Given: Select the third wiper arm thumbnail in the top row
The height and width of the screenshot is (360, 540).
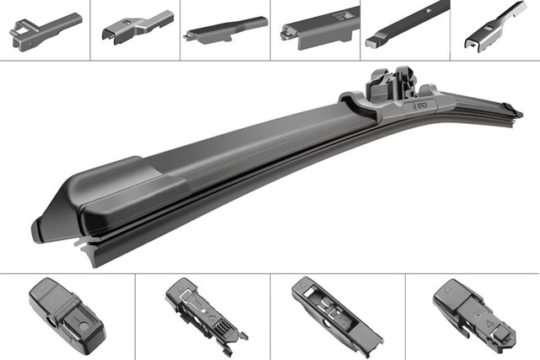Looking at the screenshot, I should pyautogui.click(x=224, y=30).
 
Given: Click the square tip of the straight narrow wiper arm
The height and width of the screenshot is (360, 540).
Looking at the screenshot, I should pyautogui.click(x=372, y=40).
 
